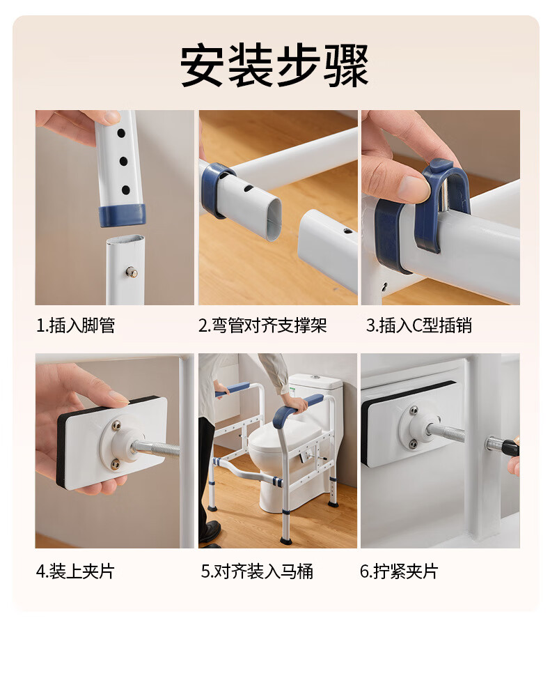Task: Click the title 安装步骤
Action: click(274, 64)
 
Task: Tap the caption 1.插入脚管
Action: click(75, 325)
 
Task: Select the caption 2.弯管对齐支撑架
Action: click(262, 325)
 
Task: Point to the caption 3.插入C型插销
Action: click(419, 325)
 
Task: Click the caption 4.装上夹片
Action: click(75, 571)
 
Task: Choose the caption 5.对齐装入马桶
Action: click(257, 571)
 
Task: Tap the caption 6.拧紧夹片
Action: click(399, 571)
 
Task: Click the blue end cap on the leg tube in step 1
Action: click(123, 215)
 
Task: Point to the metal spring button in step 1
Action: click(132, 272)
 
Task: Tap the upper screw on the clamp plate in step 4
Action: click(116, 424)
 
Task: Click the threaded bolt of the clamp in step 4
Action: click(155, 449)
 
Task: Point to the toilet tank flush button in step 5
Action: click(315, 376)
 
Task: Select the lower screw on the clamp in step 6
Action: click(413, 445)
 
